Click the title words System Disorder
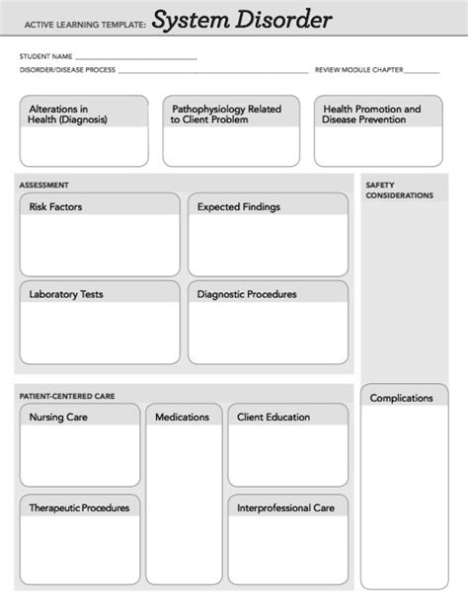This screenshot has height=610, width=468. pos(241,20)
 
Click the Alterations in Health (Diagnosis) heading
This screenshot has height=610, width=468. pos(68,114)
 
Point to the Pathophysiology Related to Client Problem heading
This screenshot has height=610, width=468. pos(226,114)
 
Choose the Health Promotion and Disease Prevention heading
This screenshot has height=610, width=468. pos(371,114)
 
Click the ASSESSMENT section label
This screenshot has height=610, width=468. pos(44,185)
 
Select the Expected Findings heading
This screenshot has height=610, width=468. pos(238,207)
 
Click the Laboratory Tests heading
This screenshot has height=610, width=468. pos(66,294)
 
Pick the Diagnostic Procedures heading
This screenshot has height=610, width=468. pos(247,294)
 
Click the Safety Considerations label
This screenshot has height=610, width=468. pos(399,190)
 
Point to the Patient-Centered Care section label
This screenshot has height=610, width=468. pos(67,396)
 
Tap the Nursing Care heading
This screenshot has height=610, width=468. pos(59,418)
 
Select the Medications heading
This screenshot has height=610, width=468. pos(182,418)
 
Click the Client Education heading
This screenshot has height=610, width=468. pos(273,418)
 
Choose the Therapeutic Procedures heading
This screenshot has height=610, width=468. pos(79,508)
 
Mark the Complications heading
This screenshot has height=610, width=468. pos(401,399)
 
